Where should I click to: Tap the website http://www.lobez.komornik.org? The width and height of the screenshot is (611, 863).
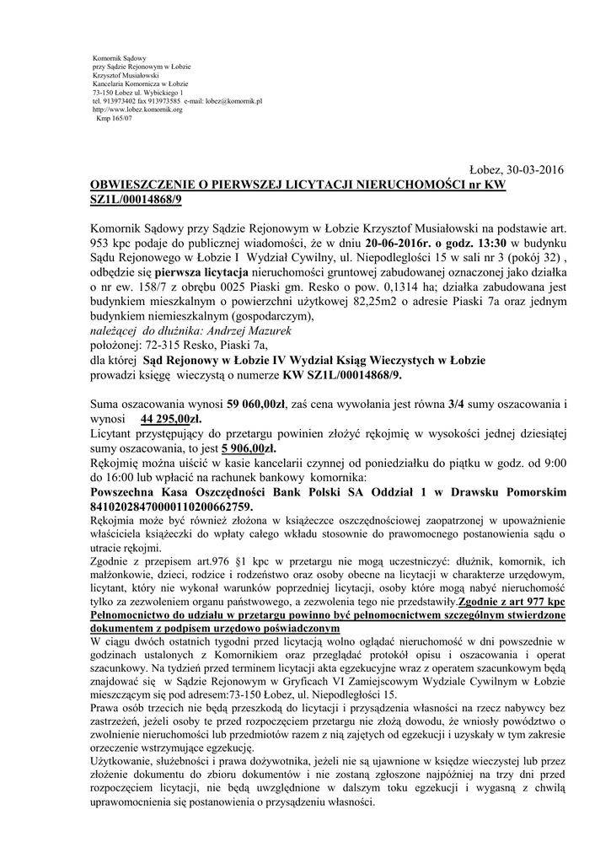point(137,110)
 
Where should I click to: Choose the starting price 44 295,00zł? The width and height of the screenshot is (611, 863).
point(172,418)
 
